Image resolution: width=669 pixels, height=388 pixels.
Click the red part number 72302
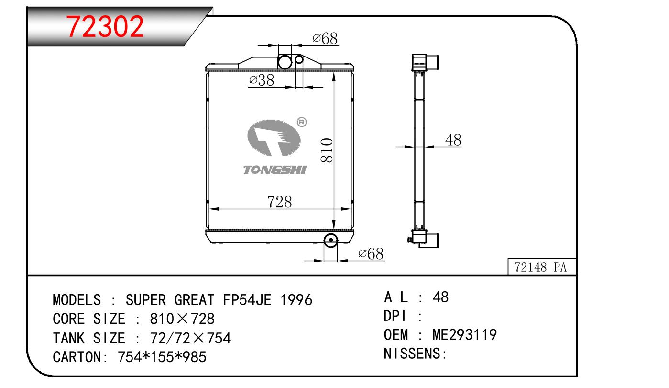pos(105,27)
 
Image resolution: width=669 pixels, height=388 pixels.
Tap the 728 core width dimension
pos(280,202)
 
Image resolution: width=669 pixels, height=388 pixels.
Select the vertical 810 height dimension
pos(327,150)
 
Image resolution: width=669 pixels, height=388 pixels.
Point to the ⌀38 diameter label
pos(261,80)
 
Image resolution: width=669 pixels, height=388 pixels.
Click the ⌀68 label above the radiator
pos(325,39)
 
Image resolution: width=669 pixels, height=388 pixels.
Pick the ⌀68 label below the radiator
pos(371,254)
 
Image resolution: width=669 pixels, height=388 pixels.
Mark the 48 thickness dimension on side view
pos(453,140)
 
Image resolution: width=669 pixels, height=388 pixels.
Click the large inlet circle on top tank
pos(285,62)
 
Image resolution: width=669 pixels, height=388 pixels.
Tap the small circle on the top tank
pos(299,59)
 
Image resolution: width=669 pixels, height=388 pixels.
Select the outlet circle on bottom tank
pos(330,240)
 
